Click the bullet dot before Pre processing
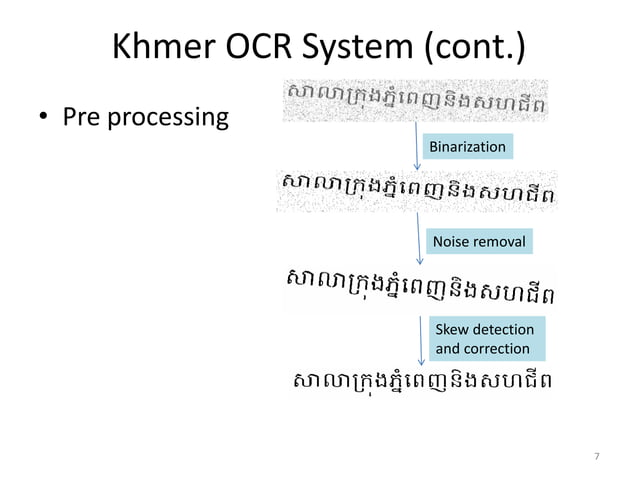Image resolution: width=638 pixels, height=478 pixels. [44, 119]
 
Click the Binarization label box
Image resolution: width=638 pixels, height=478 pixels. [467, 148]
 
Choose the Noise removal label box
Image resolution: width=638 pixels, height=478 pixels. [478, 241]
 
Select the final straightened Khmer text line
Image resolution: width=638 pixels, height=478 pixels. [420, 382]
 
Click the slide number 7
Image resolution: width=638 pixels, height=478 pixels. [597, 457]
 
